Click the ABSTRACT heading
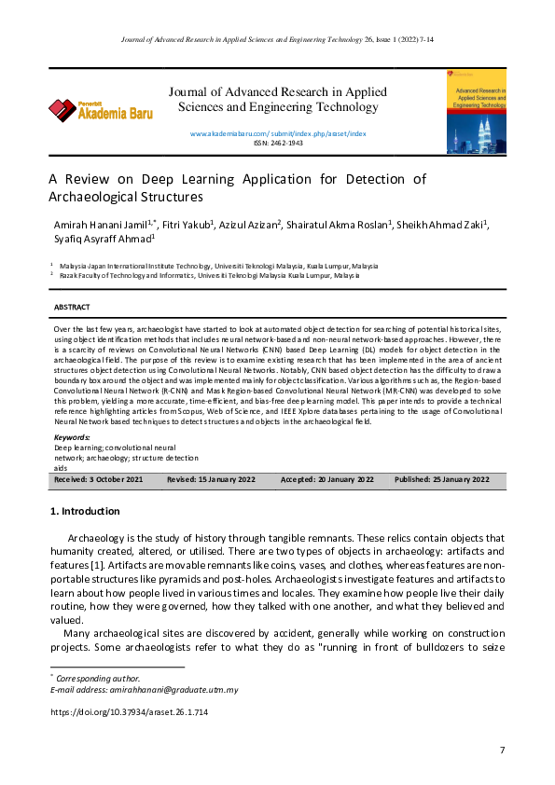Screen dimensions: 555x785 72,307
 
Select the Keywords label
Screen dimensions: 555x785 72,436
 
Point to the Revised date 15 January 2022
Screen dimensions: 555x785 211,479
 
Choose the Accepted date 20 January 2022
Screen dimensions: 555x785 327,479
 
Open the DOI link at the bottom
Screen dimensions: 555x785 128,712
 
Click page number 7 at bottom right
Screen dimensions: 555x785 502,750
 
